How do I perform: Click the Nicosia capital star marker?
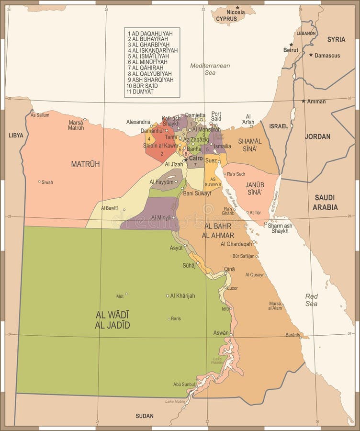(237, 7)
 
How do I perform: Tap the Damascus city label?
(327, 56)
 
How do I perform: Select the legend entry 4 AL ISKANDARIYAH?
(153, 50)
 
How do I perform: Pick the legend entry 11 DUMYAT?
(140, 91)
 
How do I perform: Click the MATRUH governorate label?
(85, 164)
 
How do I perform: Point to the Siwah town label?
(47, 182)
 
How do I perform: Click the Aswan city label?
(221, 332)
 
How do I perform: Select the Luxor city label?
(232, 288)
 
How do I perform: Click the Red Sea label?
(311, 300)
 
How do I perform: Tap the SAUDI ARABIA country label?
(326, 202)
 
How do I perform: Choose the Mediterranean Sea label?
(210, 69)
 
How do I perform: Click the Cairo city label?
(195, 158)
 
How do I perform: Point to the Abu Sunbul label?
(184, 384)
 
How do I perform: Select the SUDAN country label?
(145, 416)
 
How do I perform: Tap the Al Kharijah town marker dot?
(168, 296)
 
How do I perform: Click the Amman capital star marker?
(303, 101)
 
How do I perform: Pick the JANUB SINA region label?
(254, 188)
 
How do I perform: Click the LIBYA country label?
(16, 136)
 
